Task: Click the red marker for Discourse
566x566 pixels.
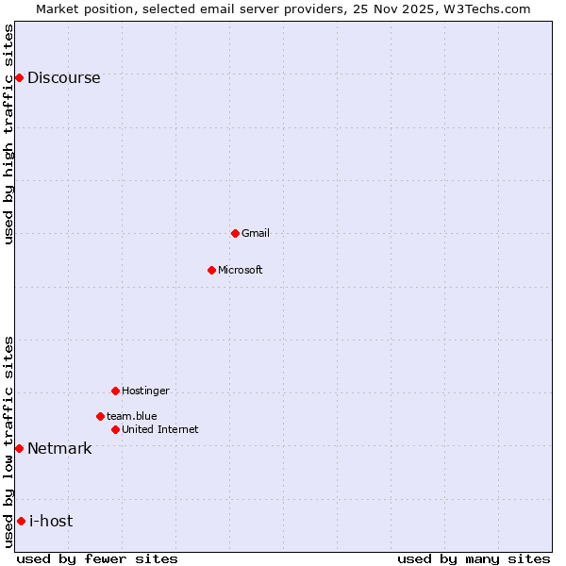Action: (19, 77)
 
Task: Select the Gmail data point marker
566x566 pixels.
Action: (235, 233)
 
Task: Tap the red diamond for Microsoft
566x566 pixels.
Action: (211, 270)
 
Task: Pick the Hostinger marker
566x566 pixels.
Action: (115, 391)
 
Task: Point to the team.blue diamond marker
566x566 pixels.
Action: (100, 416)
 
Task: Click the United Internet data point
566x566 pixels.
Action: (115, 429)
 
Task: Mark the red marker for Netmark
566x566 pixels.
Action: (19, 448)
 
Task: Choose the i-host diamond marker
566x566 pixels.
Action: (21, 521)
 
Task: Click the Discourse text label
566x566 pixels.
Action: (63, 78)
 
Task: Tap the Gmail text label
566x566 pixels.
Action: (255, 234)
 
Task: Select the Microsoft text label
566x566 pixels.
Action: (240, 271)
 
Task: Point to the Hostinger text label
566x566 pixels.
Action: (145, 391)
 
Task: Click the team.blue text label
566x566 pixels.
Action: (131, 417)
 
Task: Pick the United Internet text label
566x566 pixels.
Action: (159, 430)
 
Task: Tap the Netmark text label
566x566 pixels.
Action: (59, 449)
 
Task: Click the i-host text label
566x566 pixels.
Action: (51, 522)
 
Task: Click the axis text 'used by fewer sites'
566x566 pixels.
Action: (97, 559)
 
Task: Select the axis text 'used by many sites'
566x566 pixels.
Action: (473, 559)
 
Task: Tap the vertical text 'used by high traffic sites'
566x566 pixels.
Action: (9, 134)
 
